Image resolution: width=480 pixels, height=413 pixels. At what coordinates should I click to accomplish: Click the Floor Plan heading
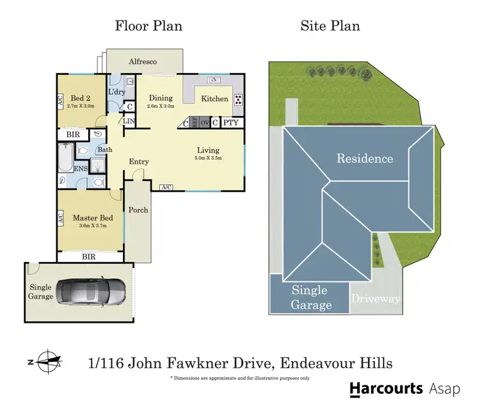[x=148, y=26]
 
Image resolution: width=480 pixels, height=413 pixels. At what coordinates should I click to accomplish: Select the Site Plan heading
[x=330, y=26]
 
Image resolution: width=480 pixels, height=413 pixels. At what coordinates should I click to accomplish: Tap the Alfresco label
[x=143, y=61]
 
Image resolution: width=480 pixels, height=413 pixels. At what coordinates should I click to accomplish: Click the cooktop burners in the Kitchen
[x=239, y=99]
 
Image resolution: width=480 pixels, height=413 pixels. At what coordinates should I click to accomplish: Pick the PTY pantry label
[x=232, y=122]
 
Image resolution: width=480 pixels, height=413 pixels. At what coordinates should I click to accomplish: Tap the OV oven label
[x=205, y=122]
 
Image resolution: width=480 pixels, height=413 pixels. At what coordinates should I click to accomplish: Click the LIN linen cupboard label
[x=129, y=121]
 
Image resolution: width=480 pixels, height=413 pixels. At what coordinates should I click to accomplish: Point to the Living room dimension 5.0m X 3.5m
[x=208, y=159]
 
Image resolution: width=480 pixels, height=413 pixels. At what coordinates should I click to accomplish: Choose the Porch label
[x=138, y=210]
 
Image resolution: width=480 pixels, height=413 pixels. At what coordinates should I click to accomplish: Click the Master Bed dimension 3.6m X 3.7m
[x=92, y=226]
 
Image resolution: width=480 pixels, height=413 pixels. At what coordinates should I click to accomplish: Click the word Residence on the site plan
[x=365, y=158]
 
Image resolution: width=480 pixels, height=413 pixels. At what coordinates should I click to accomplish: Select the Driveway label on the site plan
[x=376, y=299]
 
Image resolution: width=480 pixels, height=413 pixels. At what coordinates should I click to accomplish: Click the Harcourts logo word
[x=387, y=388]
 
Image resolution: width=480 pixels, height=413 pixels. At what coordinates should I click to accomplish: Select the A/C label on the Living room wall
[x=166, y=187]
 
